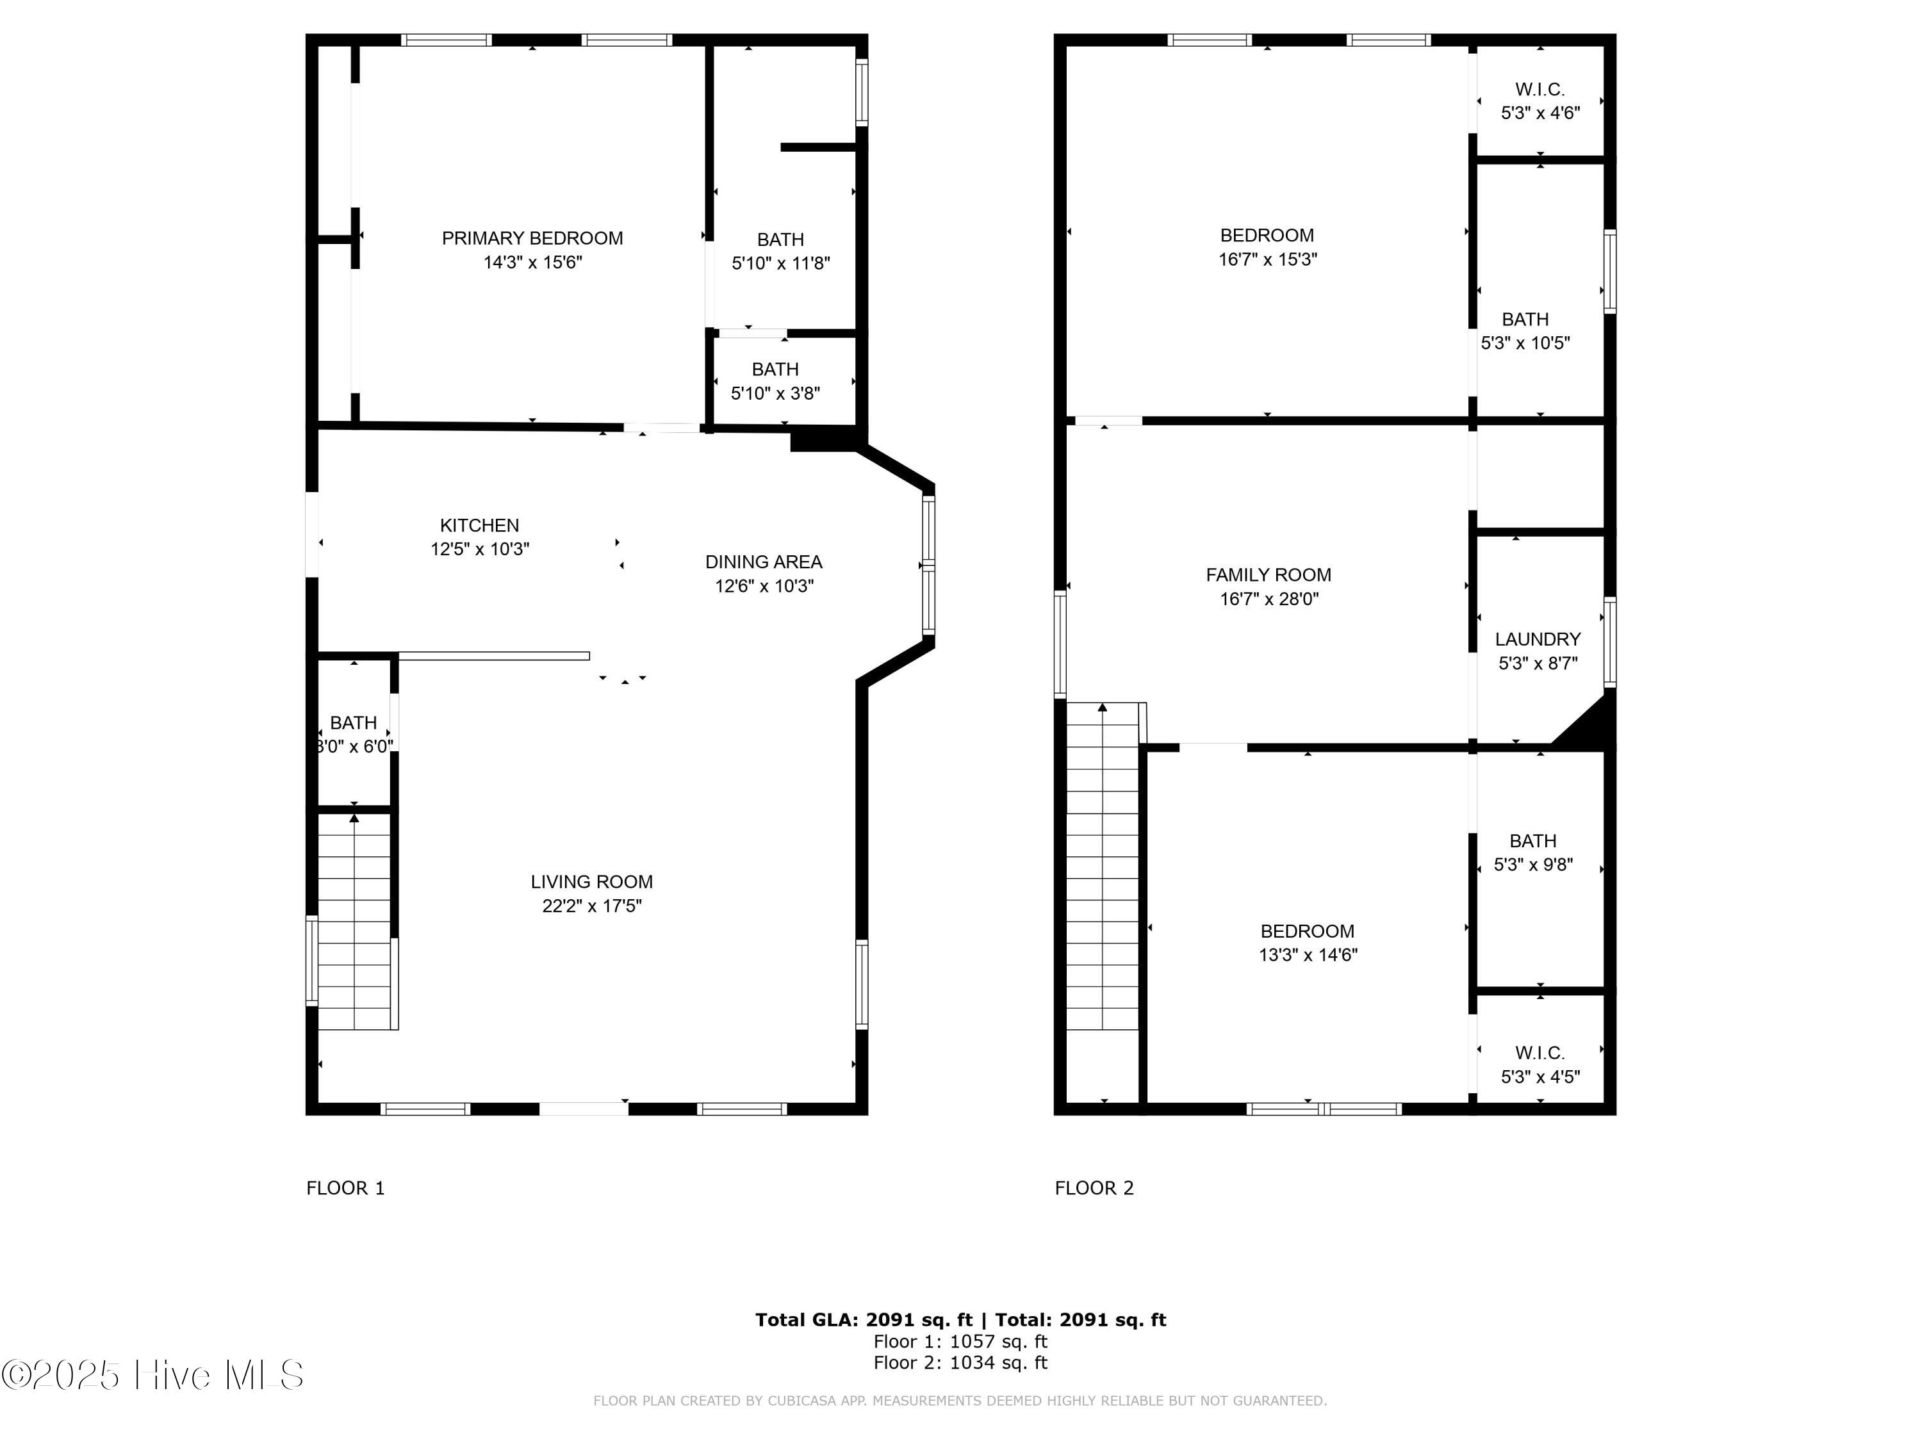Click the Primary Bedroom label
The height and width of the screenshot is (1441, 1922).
[x=532, y=238]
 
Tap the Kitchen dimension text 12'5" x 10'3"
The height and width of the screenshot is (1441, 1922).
[x=480, y=549]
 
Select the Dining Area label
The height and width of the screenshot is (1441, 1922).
[x=764, y=562]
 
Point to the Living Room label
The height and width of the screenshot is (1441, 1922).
[x=592, y=882]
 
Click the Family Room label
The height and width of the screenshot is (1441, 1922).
[x=1269, y=575]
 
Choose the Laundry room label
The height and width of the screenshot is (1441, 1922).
[x=1538, y=639]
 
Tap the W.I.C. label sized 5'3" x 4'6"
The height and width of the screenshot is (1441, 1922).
[x=1541, y=90]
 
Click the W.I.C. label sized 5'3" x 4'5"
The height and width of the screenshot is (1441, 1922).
[x=1541, y=1053]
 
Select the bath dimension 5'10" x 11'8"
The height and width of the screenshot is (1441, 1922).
[x=781, y=263]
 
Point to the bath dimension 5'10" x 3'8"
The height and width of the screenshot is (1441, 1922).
[x=775, y=393]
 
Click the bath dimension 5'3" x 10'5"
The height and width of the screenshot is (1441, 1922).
[x=1526, y=343]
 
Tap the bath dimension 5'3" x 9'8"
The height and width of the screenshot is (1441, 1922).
[x=1534, y=865]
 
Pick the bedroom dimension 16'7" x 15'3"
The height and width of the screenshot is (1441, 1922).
[x=1268, y=259]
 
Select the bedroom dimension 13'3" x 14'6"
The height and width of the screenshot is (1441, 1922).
[x=1308, y=956]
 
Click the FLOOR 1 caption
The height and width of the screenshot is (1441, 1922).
[x=345, y=1188]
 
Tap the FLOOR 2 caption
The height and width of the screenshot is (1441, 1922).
[x=1094, y=1188]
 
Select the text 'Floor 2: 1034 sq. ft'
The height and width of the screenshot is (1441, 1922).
[x=960, y=1363]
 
